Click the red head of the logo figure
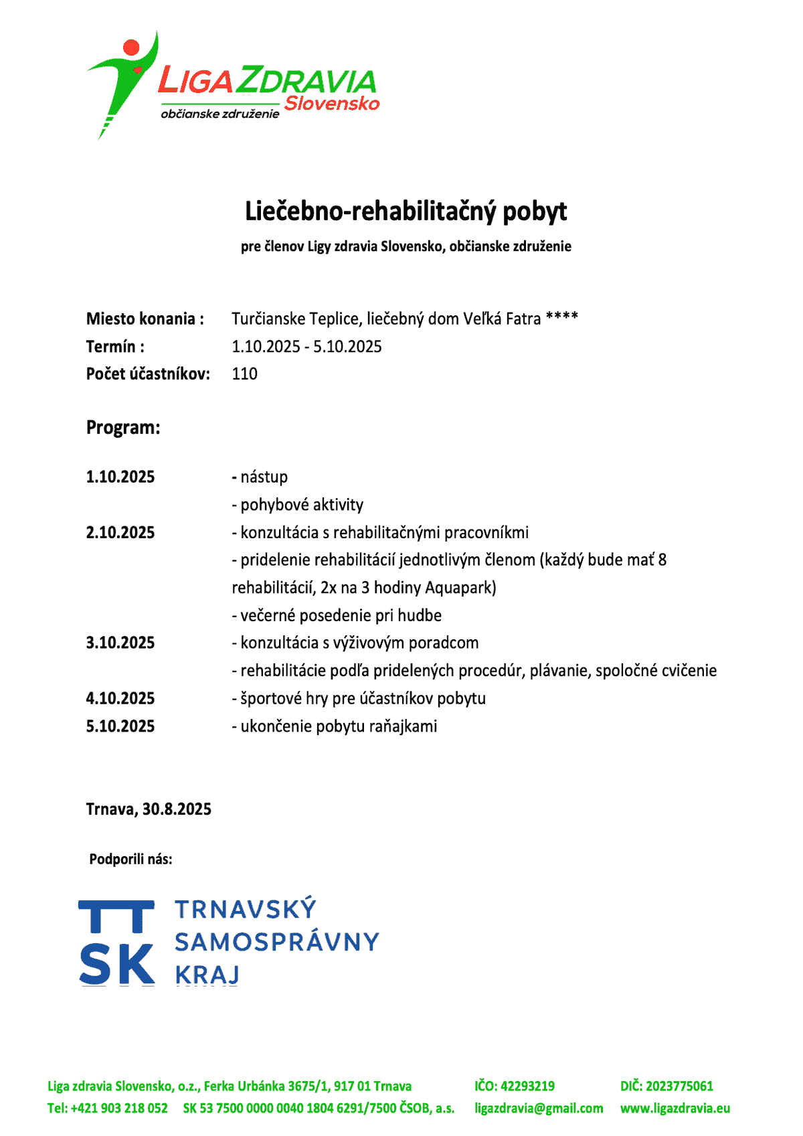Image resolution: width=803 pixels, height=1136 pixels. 131,48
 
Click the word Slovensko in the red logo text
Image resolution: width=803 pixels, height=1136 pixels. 331,104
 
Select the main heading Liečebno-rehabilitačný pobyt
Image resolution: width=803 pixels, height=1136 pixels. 406,211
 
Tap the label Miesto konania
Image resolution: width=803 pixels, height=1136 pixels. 145,319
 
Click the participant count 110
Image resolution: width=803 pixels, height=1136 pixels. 244,374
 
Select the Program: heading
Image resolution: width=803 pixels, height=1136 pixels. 123,427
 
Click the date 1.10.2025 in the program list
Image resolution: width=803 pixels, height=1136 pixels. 120,477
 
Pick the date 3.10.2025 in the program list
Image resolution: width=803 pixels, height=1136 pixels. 120,643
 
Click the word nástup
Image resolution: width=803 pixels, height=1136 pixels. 264,477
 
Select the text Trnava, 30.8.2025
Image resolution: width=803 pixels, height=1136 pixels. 149,809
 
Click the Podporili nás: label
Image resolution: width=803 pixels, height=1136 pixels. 130,859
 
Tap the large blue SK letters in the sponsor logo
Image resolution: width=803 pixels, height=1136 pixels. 117,965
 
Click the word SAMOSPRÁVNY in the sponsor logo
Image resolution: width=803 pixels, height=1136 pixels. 276,942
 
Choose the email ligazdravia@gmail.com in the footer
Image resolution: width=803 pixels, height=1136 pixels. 539,1108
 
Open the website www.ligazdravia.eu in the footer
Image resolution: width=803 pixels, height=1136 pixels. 675,1108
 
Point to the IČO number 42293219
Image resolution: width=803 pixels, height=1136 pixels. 527,1086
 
